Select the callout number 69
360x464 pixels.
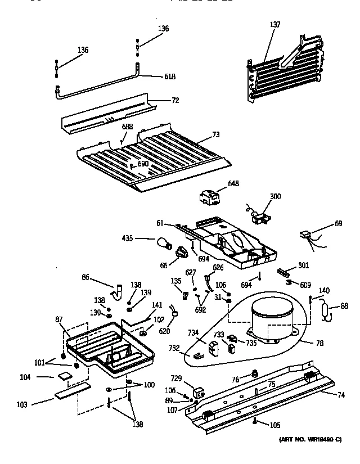(337, 224)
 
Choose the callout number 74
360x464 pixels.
(341, 395)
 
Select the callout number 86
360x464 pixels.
(85, 277)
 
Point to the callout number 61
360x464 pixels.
(160, 223)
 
